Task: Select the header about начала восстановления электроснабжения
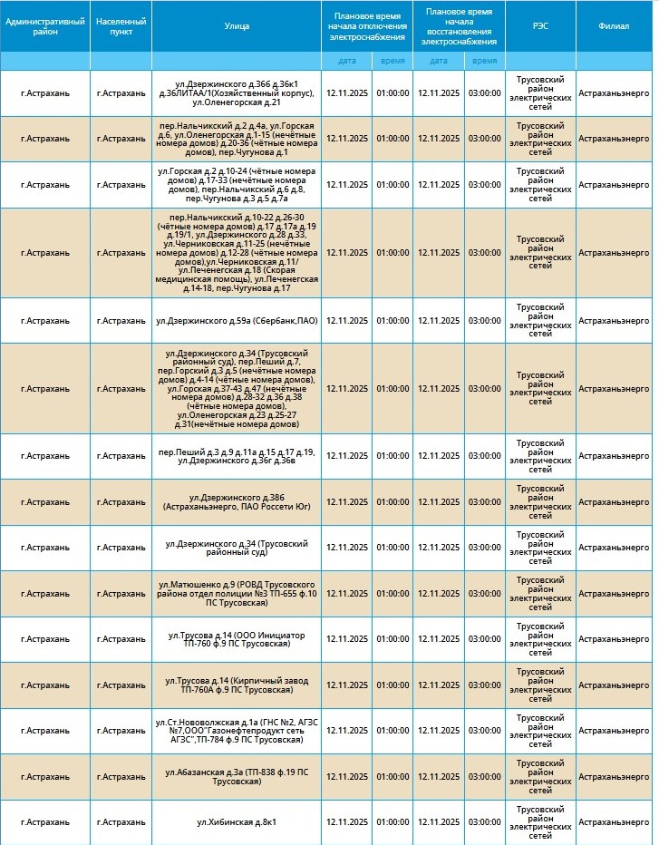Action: click(x=460, y=26)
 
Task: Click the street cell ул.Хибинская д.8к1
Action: click(x=237, y=821)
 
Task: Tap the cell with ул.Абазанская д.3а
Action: click(x=237, y=776)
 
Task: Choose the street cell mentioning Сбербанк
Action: click(x=237, y=320)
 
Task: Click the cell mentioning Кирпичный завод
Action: click(x=237, y=685)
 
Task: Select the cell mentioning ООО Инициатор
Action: click(x=237, y=639)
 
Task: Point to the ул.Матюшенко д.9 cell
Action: click(x=237, y=593)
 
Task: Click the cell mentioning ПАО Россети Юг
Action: click(x=237, y=501)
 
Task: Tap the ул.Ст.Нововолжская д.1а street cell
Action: click(x=237, y=730)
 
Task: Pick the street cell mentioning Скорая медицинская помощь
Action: click(x=237, y=252)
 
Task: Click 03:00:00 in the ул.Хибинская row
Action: click(x=485, y=821)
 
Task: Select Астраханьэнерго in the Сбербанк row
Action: click(x=614, y=320)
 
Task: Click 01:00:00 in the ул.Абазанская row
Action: click(x=392, y=776)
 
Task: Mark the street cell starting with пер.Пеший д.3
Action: click(x=237, y=456)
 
